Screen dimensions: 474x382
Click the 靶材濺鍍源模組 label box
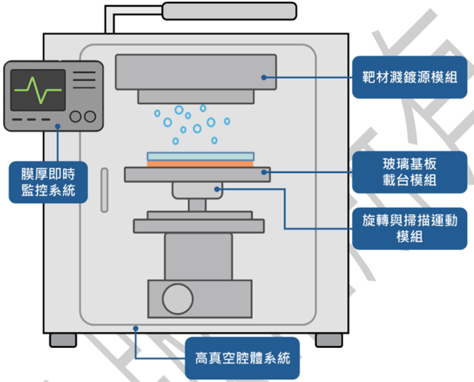coord(410,77)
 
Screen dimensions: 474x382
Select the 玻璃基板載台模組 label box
coord(410,172)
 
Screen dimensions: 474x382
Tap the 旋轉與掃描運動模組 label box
coord(410,229)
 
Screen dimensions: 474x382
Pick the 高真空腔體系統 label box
coord(243,358)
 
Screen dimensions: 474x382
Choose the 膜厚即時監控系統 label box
coord(48,182)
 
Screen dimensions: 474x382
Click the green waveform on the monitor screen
coord(38,90)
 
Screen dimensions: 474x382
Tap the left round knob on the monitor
coord(75,116)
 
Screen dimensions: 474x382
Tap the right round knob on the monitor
coord(90,116)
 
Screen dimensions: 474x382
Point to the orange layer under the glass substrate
coord(200,164)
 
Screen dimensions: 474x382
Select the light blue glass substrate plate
coord(201,156)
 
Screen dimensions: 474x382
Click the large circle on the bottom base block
coord(178,299)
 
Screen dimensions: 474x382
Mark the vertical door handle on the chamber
coord(105,190)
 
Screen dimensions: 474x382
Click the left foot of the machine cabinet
coord(63,340)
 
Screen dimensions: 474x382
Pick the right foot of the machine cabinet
coord(329,340)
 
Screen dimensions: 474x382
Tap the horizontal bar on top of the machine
coord(229,11)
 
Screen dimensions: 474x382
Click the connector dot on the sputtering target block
coord(264,78)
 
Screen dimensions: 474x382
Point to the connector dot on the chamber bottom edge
coord(136,328)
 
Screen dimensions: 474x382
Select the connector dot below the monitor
coord(58,126)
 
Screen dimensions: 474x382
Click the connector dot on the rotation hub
coord(216,189)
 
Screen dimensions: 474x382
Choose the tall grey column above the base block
coord(199,257)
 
